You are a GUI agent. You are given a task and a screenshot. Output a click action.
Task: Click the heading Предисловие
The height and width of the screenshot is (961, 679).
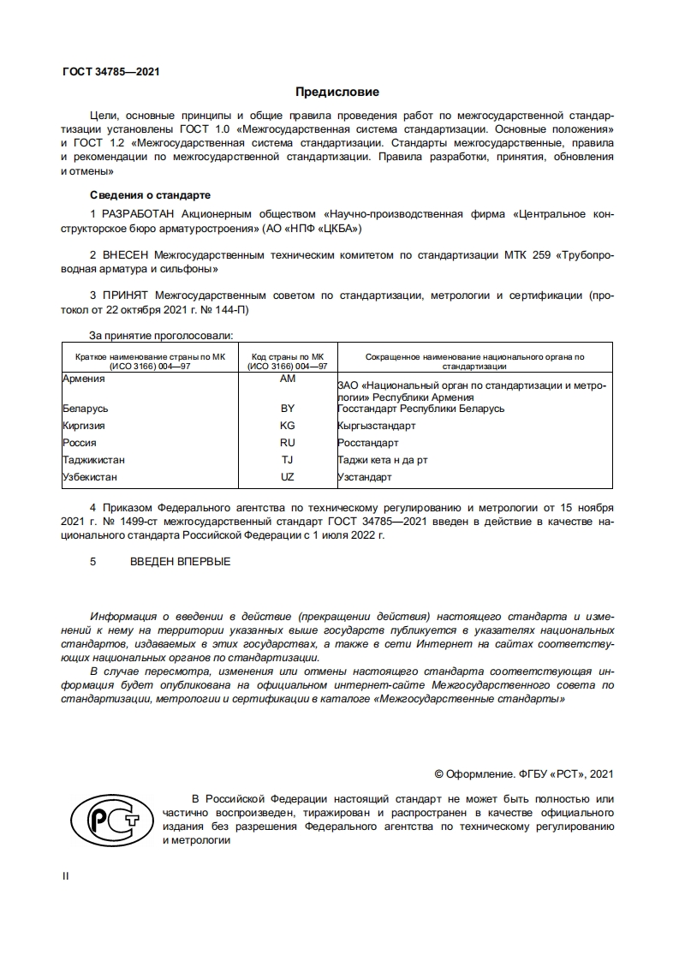pos(337,92)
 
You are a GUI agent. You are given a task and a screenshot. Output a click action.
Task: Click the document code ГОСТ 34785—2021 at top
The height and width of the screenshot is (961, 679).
pos(111,72)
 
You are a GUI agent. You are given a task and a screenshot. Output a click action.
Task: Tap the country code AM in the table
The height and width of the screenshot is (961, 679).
pos(288,379)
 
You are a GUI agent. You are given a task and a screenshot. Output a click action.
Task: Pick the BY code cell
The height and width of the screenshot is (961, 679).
pos(288,409)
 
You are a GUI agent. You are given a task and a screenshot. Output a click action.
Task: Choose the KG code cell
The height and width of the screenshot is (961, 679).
pos(288,426)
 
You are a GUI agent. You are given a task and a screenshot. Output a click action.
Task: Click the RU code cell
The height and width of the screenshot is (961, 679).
pos(288,443)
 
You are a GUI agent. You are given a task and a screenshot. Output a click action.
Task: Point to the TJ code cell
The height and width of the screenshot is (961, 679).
pos(288,460)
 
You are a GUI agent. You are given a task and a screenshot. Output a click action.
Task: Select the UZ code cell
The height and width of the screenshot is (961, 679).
pos(288,477)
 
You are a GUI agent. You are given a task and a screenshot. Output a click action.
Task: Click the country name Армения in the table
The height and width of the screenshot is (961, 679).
pos(84,379)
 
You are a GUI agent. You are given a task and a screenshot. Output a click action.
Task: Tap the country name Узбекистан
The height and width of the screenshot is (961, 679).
pos(90,477)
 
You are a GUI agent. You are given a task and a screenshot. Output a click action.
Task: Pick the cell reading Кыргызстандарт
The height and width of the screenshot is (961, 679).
pos(377,426)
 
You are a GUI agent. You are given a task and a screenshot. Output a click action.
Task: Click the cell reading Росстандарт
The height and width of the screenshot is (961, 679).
pos(368,443)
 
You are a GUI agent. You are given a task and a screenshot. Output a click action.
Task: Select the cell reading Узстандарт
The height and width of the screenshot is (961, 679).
pos(365,477)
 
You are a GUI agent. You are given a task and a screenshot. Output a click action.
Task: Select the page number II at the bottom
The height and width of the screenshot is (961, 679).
pos(65,876)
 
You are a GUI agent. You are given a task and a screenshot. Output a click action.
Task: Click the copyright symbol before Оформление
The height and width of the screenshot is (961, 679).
pos(438,774)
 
